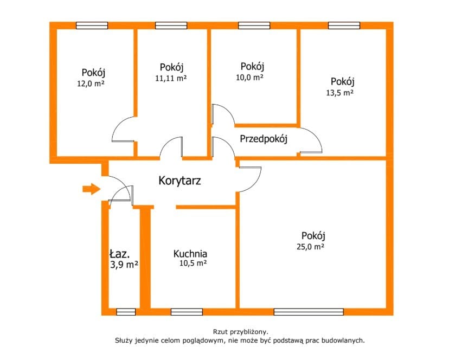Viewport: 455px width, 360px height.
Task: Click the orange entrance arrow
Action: (x=92, y=189)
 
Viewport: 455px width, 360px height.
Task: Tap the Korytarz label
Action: (x=180, y=181)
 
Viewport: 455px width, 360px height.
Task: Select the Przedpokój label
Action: (x=264, y=139)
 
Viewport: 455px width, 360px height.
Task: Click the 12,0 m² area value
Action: (x=91, y=83)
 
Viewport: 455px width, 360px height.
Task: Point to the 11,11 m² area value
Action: (x=171, y=78)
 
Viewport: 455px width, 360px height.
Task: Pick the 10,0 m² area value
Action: (x=249, y=78)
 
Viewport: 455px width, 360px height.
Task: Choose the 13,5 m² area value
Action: (x=340, y=93)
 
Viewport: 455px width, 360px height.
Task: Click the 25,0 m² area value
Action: (x=310, y=247)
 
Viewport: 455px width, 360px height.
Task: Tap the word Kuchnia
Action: (x=190, y=254)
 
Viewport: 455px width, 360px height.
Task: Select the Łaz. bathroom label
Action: (x=119, y=254)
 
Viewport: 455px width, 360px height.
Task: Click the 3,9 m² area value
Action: (x=124, y=265)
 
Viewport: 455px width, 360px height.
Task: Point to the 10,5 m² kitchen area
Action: (x=193, y=263)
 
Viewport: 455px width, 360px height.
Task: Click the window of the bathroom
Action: (x=126, y=312)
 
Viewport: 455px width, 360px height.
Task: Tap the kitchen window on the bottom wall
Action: (x=187, y=312)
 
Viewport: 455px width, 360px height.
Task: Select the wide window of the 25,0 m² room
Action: (x=309, y=312)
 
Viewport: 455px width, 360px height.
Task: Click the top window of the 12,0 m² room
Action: (x=92, y=25)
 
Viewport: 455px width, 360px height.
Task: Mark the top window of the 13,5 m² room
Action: (x=344, y=25)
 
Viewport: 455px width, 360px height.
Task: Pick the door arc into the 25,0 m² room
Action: (x=250, y=179)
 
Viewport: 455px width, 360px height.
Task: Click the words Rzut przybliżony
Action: (x=241, y=332)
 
